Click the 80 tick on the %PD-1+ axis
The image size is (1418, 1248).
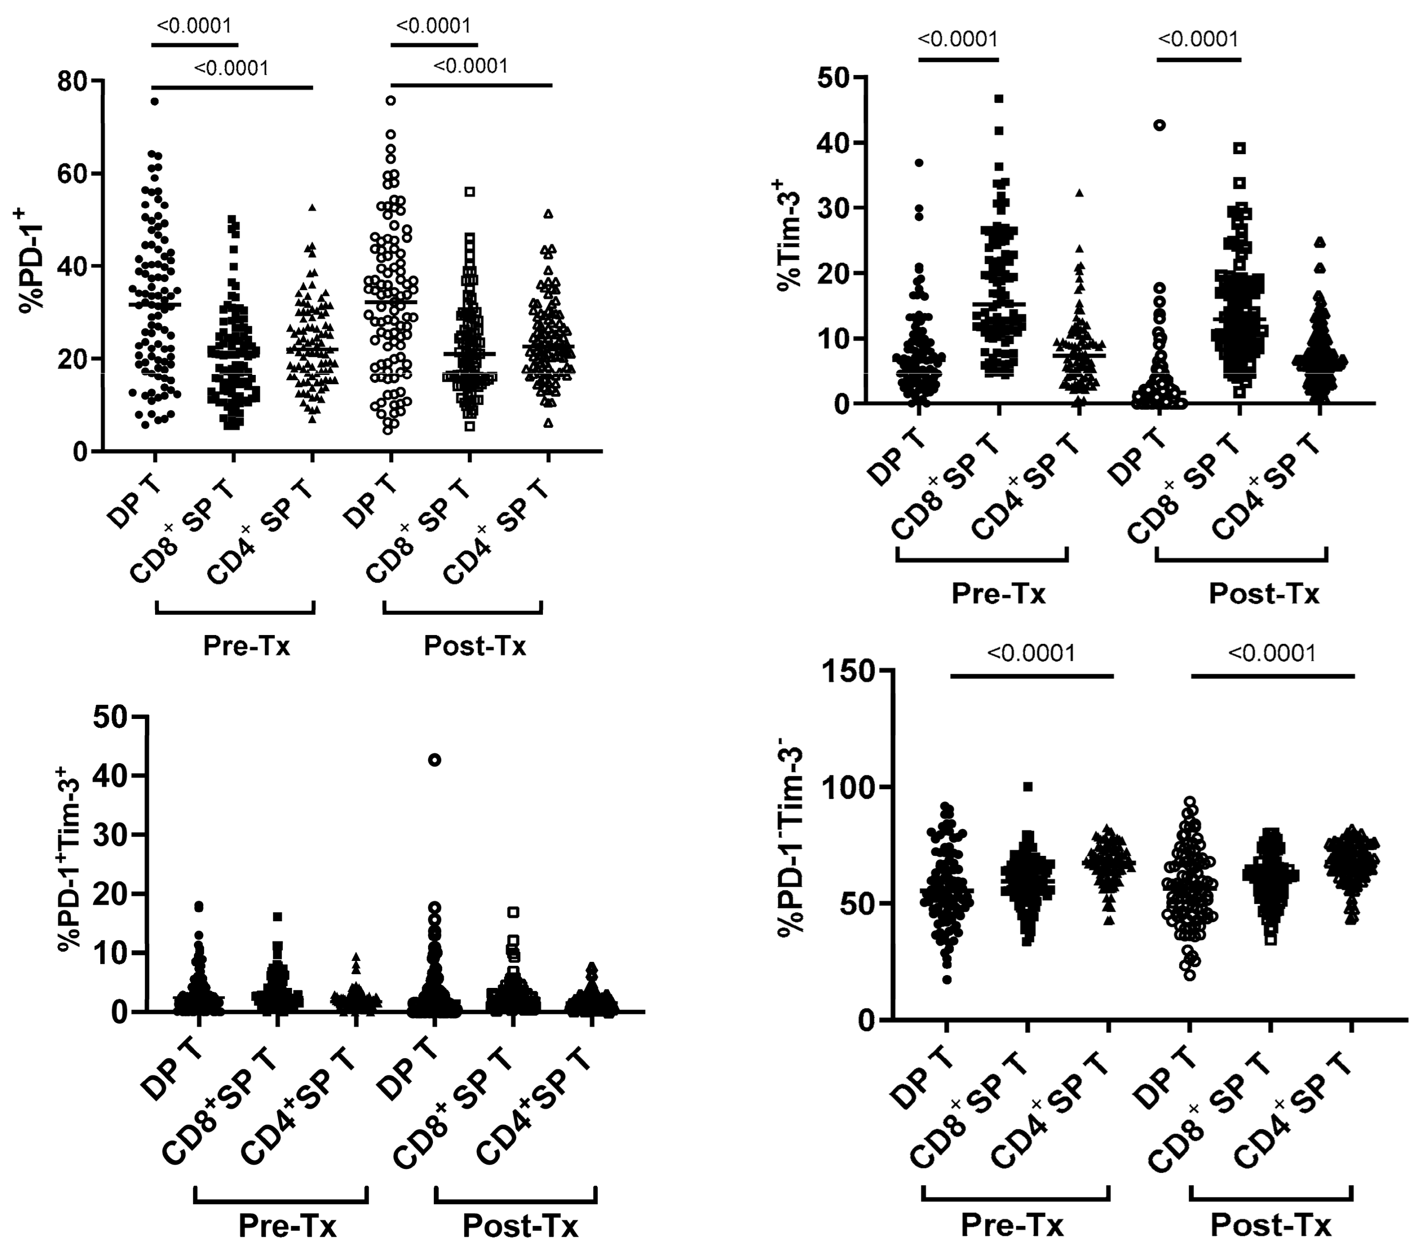(72, 81)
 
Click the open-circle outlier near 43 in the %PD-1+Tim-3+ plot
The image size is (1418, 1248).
(434, 760)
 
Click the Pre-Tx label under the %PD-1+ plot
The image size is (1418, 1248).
(246, 646)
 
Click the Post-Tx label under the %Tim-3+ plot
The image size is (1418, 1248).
(1263, 594)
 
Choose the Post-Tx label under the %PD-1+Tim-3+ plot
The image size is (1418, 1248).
(520, 1226)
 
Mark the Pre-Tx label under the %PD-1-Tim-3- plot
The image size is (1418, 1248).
(1012, 1226)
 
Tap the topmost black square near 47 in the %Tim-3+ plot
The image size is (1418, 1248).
(999, 99)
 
